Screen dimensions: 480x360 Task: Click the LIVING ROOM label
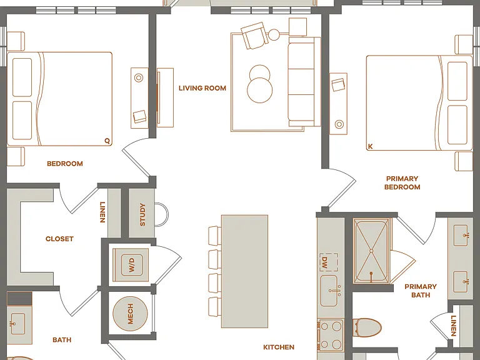pos(202,88)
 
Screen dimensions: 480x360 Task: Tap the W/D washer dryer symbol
pos(131,265)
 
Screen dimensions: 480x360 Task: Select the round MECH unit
pos(131,314)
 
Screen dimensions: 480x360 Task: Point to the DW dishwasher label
pos(324,262)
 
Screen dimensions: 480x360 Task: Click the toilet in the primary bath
pos(367,327)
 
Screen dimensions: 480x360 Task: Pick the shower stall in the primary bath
pos(372,251)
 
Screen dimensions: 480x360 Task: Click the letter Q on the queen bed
pos(107,141)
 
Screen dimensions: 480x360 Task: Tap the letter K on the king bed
pos(371,147)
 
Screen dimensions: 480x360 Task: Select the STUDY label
pos(142,214)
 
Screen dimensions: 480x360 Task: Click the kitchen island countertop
pos(244,271)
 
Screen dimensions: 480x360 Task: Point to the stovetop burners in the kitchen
pos(331,335)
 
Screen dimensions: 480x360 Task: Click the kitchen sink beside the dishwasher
pos(329,291)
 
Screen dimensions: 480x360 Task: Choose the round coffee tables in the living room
pos(259,84)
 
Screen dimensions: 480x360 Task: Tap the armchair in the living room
pos(254,36)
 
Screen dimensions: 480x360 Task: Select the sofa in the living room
pos(304,82)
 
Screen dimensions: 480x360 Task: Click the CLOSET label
pos(59,239)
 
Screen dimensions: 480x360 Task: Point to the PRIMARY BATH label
pos(421,291)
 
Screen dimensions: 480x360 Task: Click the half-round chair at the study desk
pos(162,214)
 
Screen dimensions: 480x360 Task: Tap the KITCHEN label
pos(279,347)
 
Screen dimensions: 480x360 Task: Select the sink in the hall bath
pos(17,324)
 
